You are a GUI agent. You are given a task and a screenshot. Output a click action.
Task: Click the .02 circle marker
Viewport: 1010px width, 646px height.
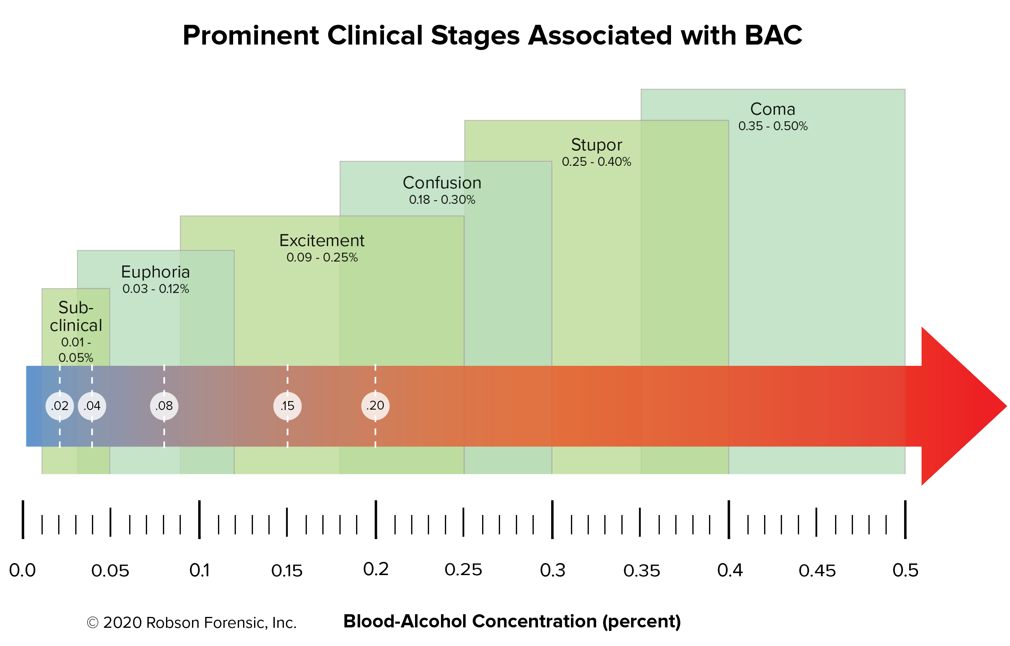pyautogui.click(x=60, y=406)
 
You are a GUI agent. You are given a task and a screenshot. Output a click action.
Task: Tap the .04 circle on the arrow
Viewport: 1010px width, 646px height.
pyautogui.click(x=92, y=406)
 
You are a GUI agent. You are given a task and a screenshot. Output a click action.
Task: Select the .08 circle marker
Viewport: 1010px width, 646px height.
pyautogui.click(x=164, y=406)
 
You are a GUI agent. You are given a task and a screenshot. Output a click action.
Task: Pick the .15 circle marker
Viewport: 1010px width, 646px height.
pyautogui.click(x=287, y=406)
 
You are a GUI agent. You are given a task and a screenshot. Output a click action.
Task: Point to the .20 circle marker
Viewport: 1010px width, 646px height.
pyautogui.click(x=375, y=406)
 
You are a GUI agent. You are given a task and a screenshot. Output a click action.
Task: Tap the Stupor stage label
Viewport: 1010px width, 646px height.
pyautogui.click(x=596, y=145)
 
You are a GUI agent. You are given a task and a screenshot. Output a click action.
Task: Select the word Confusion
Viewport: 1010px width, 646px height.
pyautogui.click(x=442, y=183)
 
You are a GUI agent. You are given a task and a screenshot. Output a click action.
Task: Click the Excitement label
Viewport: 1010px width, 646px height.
pyautogui.click(x=322, y=240)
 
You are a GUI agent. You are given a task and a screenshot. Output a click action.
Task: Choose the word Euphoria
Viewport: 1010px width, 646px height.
pyautogui.click(x=155, y=272)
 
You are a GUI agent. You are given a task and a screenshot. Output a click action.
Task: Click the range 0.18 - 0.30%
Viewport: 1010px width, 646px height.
pyautogui.click(x=442, y=200)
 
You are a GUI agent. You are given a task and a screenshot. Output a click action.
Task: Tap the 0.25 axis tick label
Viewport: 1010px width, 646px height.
pyautogui.click(x=463, y=570)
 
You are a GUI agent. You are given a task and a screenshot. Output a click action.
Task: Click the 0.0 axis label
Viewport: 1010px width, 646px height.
pyautogui.click(x=22, y=570)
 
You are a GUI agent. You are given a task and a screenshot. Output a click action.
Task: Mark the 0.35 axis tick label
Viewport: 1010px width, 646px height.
pyautogui.click(x=642, y=570)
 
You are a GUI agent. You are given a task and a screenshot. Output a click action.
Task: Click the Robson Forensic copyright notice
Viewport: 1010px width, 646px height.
pyautogui.click(x=192, y=622)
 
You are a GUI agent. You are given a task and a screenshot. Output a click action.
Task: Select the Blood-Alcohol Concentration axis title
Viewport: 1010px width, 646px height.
pyautogui.click(x=512, y=621)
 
